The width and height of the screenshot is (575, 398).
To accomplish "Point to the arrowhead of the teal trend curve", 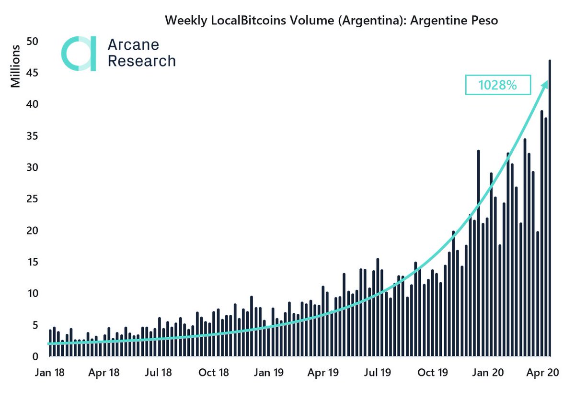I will point(545,84).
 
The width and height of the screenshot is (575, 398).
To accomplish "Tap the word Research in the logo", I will point(141,61).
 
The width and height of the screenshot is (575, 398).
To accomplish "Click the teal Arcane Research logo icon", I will point(79,53).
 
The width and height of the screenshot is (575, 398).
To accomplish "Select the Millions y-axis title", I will point(15,66).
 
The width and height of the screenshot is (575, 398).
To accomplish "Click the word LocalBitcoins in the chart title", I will point(245,21).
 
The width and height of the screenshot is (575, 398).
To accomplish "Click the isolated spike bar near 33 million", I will point(478,253).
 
